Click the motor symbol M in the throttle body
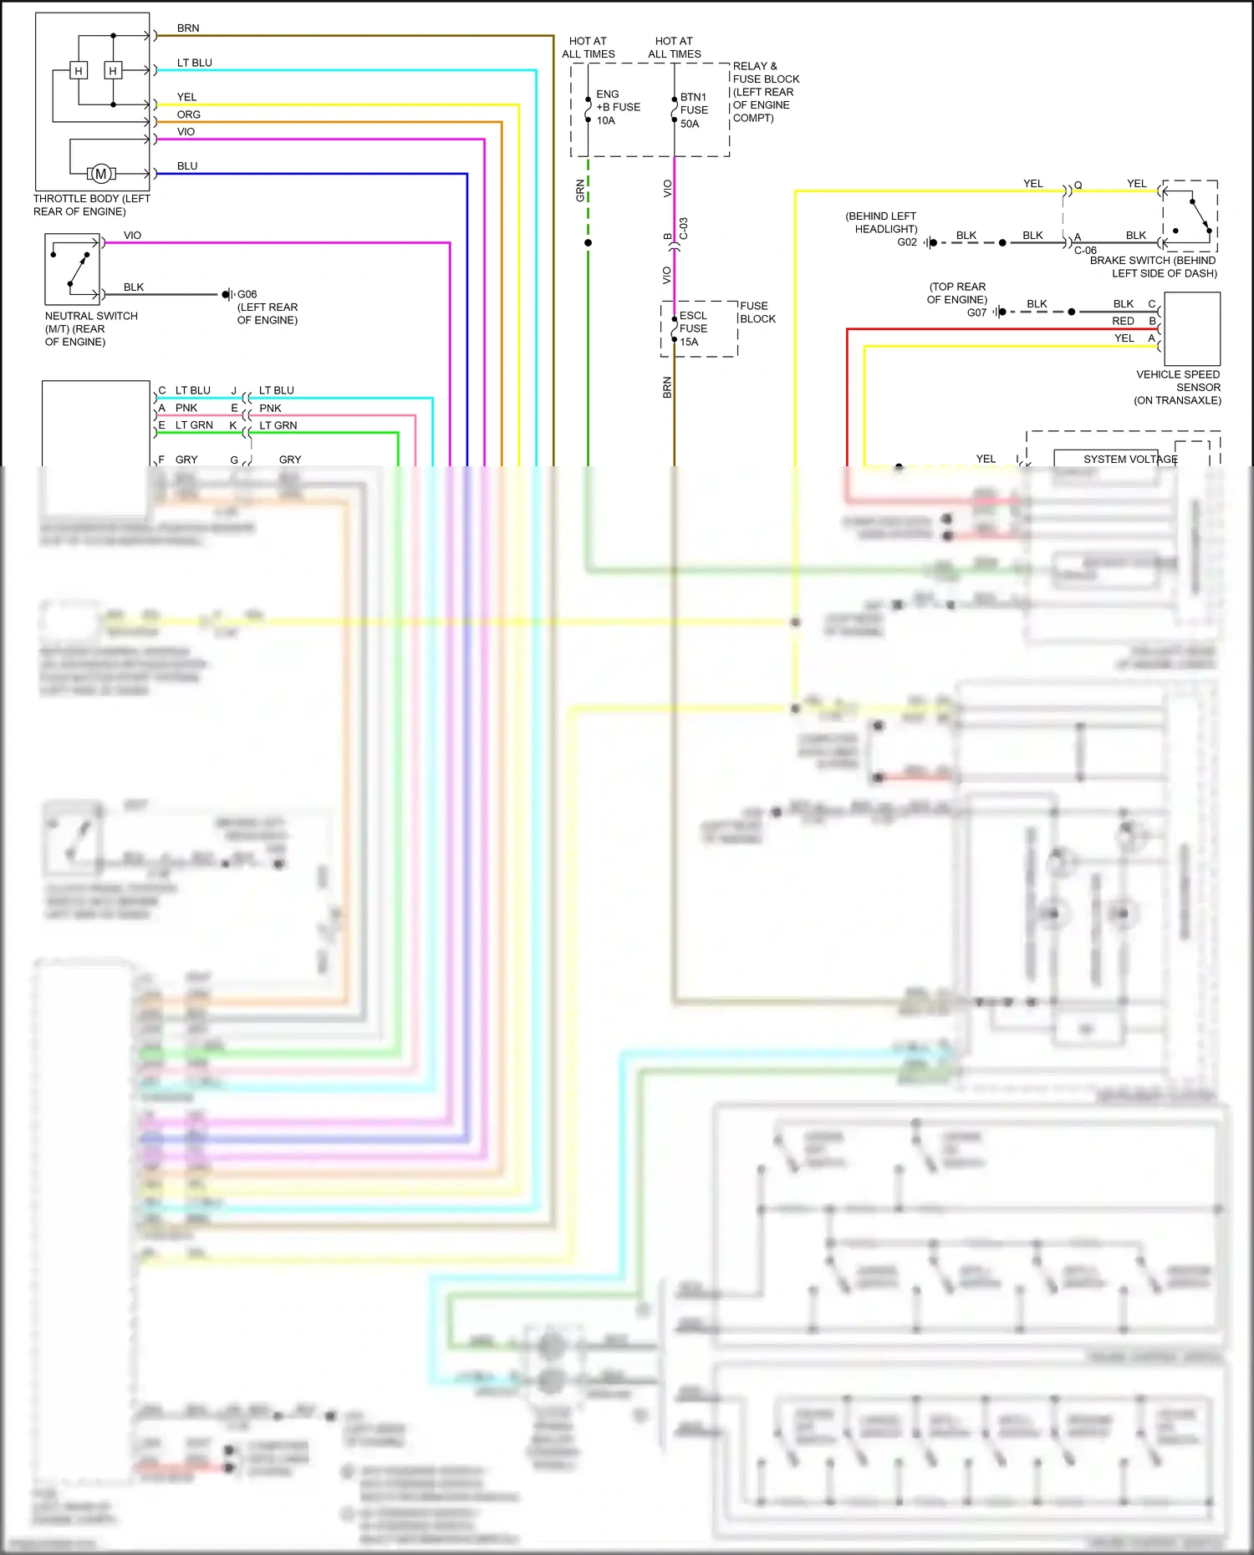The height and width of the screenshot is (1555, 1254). pyautogui.click(x=101, y=174)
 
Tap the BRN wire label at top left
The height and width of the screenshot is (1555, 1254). pyautogui.click(x=188, y=28)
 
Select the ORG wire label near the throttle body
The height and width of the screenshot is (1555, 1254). pyautogui.click(x=188, y=114)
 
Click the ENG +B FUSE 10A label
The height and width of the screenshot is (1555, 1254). pyautogui.click(x=618, y=107)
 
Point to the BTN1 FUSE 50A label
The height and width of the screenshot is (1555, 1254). pyautogui.click(x=694, y=110)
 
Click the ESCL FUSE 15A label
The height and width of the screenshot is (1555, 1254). pyautogui.click(x=693, y=328)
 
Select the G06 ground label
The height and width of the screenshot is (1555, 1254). pyautogui.click(x=247, y=294)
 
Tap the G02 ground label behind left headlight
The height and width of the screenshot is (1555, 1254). pyautogui.click(x=907, y=242)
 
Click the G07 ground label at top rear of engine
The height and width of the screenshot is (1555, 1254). pyautogui.click(x=976, y=313)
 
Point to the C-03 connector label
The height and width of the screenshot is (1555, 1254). pyautogui.click(x=683, y=229)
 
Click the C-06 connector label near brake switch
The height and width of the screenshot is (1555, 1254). pyautogui.click(x=1085, y=251)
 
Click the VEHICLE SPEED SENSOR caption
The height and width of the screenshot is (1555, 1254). pyautogui.click(x=1178, y=387)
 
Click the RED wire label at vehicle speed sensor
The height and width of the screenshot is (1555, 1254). pyautogui.click(x=1123, y=321)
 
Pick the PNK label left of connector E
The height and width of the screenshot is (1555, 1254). pyautogui.click(x=186, y=408)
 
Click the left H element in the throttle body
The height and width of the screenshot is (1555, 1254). pyautogui.click(x=79, y=71)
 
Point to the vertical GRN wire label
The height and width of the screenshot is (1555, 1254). pyautogui.click(x=580, y=191)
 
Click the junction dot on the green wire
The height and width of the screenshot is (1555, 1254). pyautogui.click(x=588, y=243)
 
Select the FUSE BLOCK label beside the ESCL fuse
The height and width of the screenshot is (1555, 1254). pyautogui.click(x=757, y=313)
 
